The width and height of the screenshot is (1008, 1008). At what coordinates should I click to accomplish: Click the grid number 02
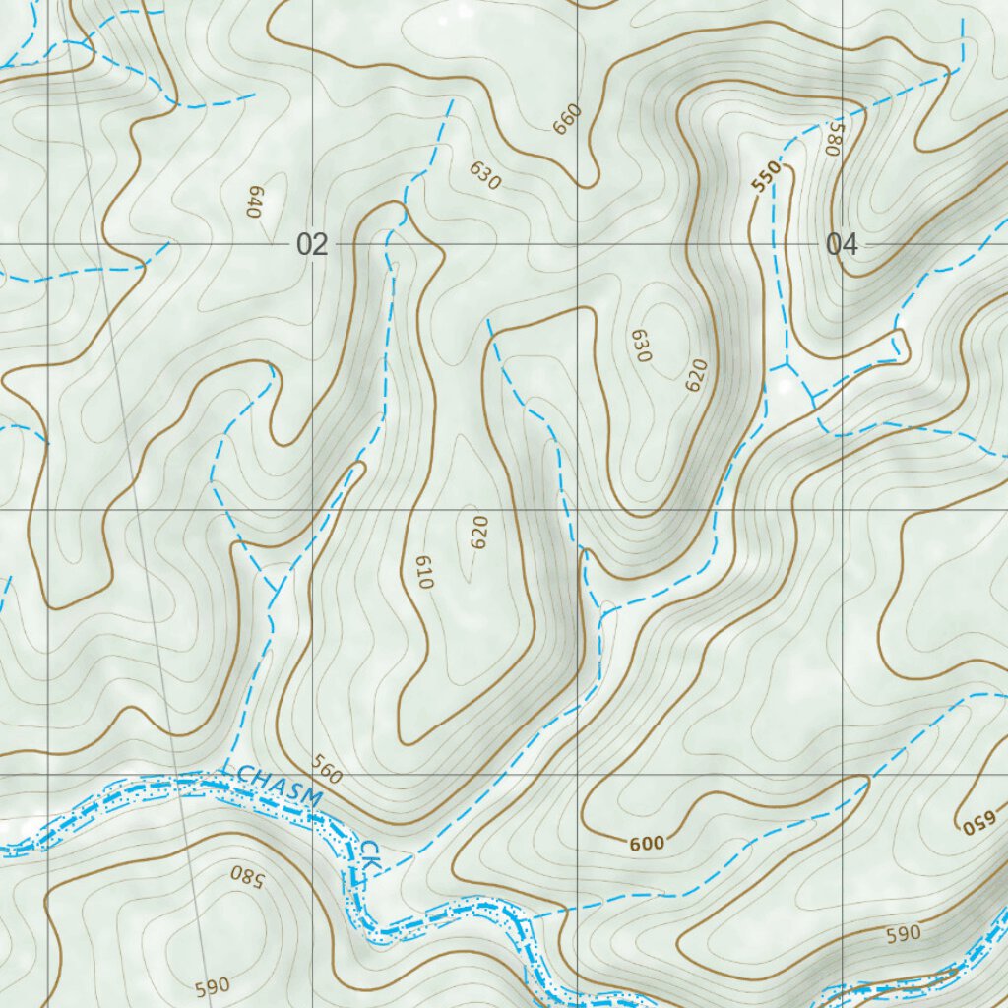click(x=312, y=245)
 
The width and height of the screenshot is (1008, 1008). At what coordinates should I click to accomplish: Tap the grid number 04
click(x=842, y=245)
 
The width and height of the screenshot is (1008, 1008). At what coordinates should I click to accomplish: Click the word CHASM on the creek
click(x=280, y=788)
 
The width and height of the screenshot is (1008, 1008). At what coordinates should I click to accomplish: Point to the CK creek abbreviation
click(x=369, y=853)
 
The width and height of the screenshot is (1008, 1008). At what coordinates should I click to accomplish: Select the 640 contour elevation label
click(x=253, y=202)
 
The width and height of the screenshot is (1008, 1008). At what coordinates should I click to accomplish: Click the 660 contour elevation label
click(x=568, y=119)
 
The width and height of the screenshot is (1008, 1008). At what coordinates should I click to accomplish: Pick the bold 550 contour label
click(x=766, y=177)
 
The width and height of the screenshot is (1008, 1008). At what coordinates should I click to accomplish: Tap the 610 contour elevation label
click(x=424, y=572)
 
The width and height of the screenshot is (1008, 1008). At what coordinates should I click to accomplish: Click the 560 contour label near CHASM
click(x=327, y=769)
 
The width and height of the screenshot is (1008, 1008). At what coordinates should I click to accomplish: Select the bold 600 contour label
click(x=647, y=843)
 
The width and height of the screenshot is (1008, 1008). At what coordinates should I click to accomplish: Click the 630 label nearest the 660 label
click(x=485, y=175)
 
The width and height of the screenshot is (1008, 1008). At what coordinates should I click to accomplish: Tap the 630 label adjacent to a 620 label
click(x=642, y=346)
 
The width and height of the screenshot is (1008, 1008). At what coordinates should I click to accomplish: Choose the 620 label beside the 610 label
click(x=479, y=533)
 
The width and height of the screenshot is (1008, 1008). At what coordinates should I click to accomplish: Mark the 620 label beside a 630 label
click(x=697, y=376)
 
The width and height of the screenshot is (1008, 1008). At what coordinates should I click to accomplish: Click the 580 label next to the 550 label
click(x=836, y=139)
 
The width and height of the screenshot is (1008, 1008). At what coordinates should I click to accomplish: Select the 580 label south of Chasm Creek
click(x=247, y=874)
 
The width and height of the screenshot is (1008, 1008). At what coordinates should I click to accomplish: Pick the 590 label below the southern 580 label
click(x=213, y=985)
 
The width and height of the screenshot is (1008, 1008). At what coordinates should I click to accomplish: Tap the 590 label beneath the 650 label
click(x=903, y=932)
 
